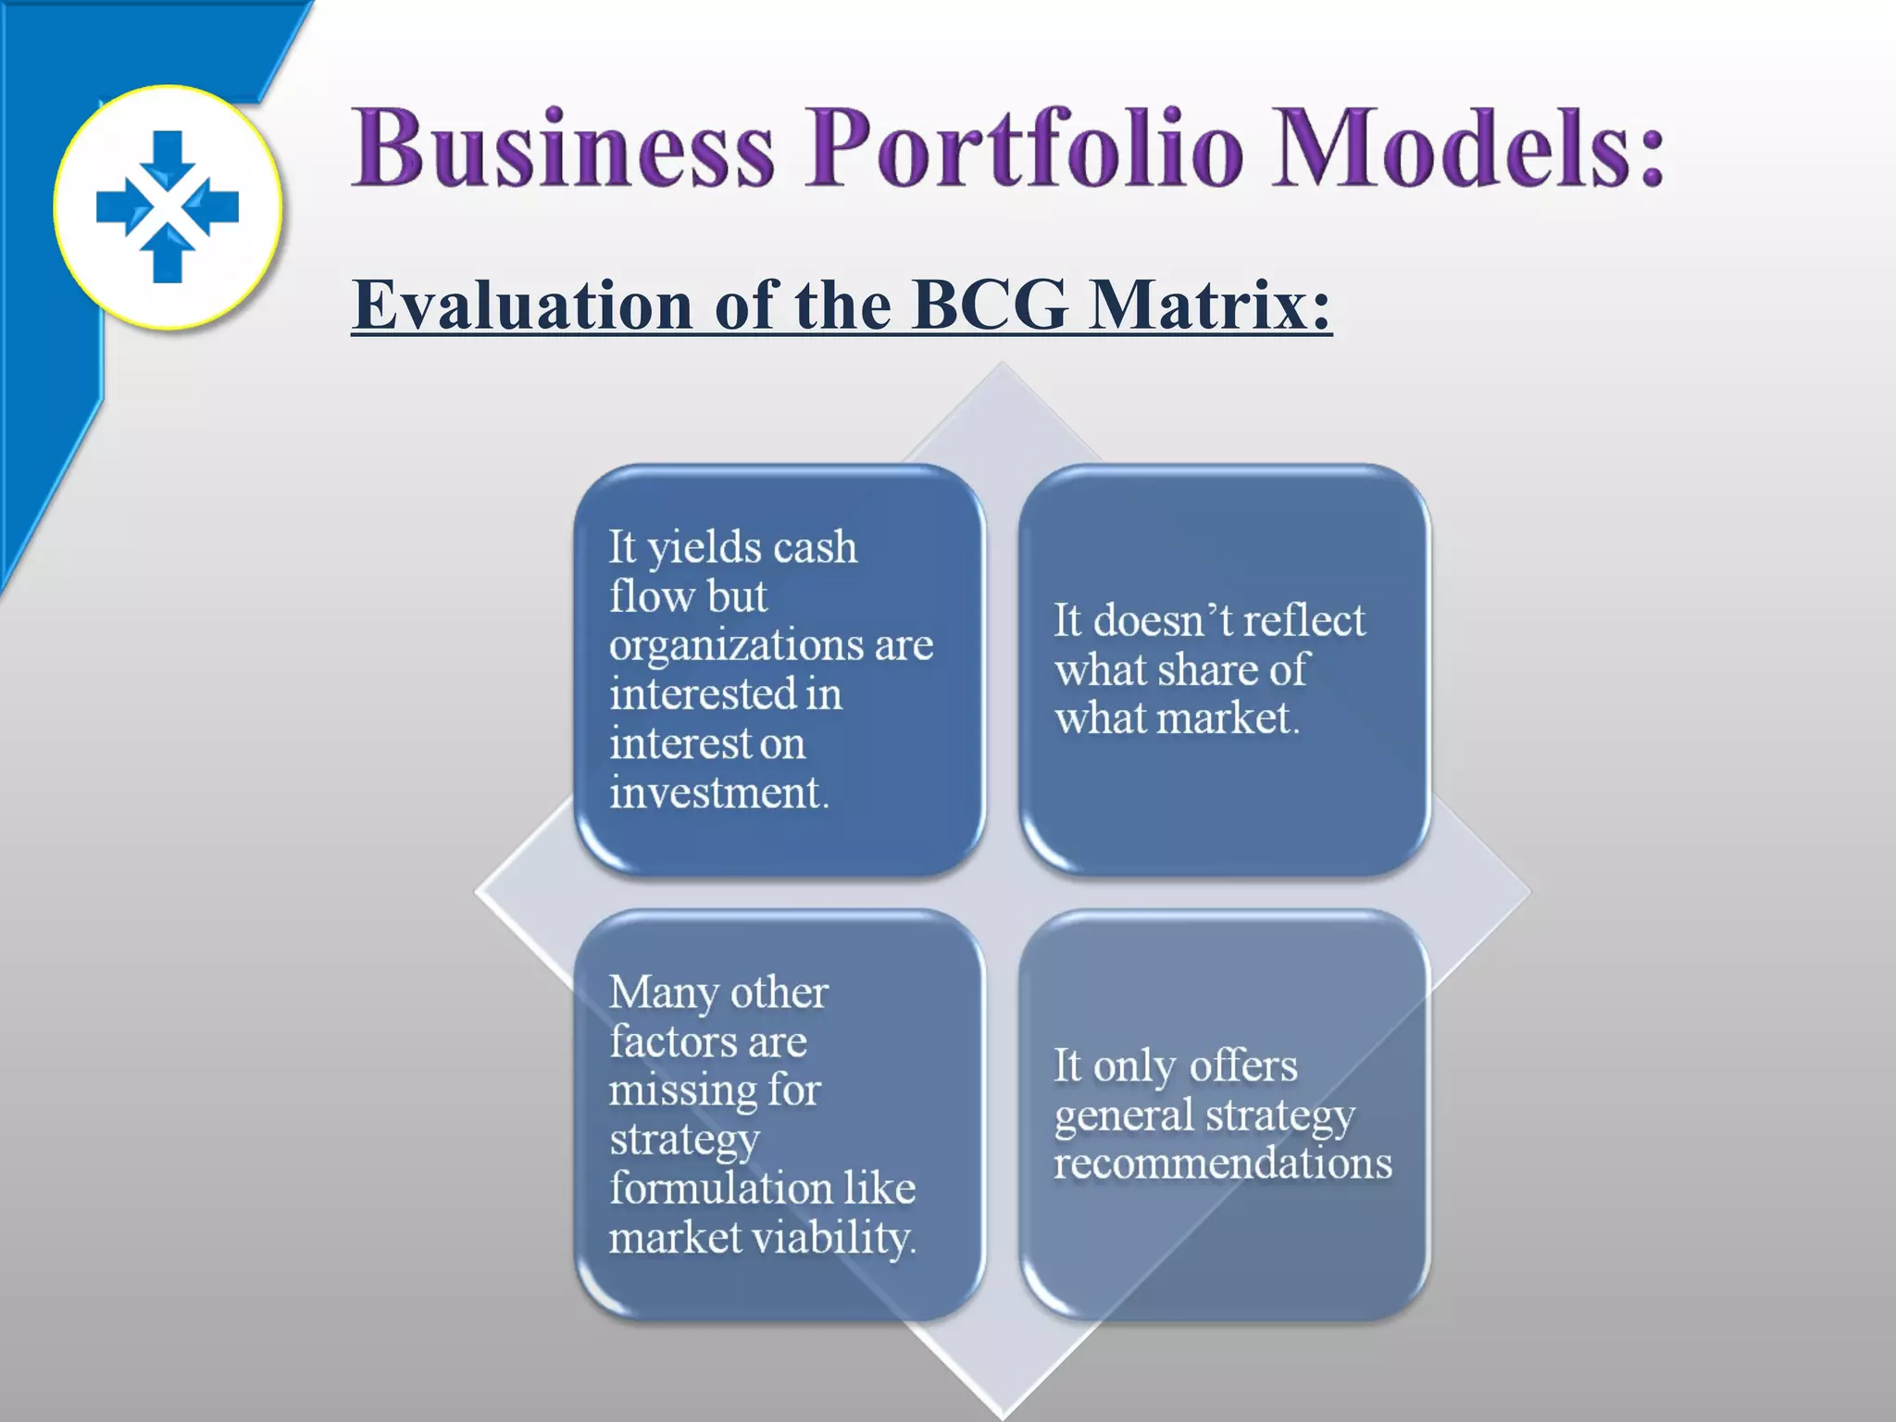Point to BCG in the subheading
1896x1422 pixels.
[x=990, y=305]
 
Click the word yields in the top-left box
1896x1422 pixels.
[x=704, y=549]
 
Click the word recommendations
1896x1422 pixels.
[x=1223, y=1164]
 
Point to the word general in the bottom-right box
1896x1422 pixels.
[x=1111, y=1116]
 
